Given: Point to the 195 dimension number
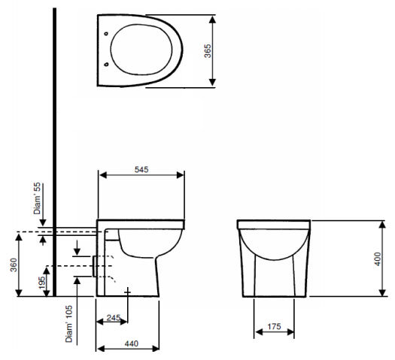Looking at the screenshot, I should (43, 281).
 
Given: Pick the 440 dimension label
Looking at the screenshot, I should (131, 343).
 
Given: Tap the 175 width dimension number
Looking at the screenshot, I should (274, 328).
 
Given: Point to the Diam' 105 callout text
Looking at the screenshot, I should (68, 324).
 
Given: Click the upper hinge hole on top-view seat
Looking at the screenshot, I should (107, 33).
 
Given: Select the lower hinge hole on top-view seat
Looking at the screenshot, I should (107, 65).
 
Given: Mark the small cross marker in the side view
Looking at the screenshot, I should (129, 290).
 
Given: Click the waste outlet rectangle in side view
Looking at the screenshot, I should (95, 266).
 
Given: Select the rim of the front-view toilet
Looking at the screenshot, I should (274, 225).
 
